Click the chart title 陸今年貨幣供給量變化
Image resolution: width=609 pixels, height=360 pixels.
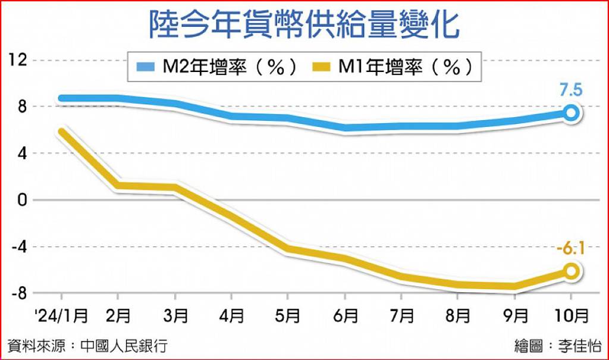(x=304, y=24)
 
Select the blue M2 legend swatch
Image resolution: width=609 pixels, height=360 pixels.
(x=146, y=67)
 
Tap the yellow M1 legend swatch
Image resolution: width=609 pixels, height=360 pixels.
(x=321, y=67)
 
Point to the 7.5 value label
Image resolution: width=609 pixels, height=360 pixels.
(x=571, y=90)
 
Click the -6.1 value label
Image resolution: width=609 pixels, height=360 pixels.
(x=570, y=248)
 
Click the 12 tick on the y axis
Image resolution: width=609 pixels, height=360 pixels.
(x=18, y=60)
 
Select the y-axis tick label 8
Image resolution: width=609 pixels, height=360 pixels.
(x=22, y=107)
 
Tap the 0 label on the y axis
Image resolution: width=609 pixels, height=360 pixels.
(x=22, y=200)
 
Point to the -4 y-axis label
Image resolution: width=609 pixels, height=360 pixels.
(x=20, y=246)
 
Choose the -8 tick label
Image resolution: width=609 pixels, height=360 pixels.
(x=20, y=293)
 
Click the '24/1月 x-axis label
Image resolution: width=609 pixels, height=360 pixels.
(x=61, y=315)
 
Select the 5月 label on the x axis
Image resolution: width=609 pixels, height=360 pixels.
(x=287, y=315)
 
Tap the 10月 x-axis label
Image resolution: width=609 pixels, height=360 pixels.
(x=572, y=315)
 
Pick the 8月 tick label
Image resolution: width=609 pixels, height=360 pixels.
(x=457, y=315)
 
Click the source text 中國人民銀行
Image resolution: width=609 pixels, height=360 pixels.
(x=124, y=346)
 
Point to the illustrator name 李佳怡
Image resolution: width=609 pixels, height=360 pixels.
(x=580, y=346)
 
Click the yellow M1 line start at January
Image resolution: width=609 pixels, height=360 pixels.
(x=62, y=132)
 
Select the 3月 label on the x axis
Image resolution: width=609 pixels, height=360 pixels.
(x=175, y=315)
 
